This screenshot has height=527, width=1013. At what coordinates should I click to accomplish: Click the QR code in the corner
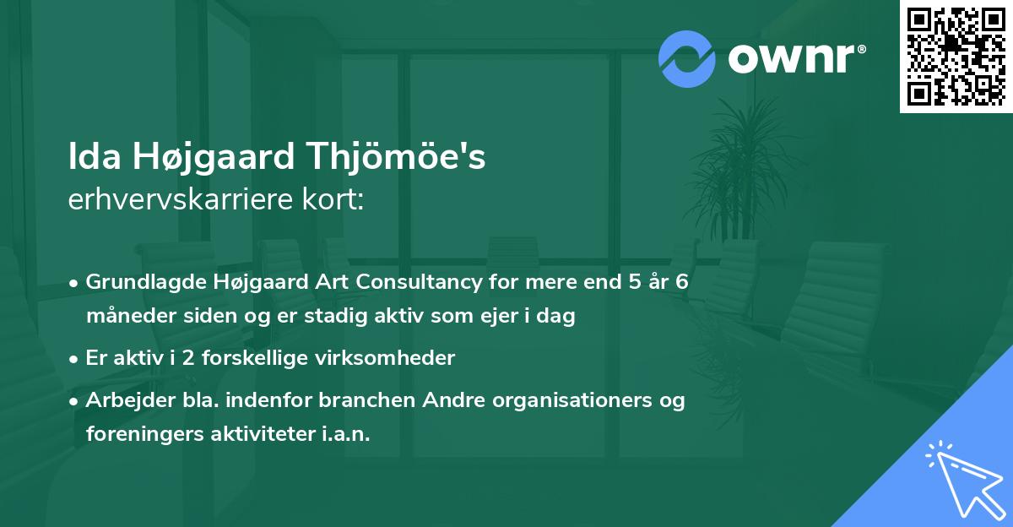[956, 56]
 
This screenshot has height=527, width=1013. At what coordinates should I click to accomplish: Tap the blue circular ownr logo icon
[687, 58]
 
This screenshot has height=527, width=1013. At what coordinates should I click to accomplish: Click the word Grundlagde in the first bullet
[140, 281]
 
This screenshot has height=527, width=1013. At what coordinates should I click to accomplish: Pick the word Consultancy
[404, 281]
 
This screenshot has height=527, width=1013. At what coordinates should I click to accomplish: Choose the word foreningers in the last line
[140, 434]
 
